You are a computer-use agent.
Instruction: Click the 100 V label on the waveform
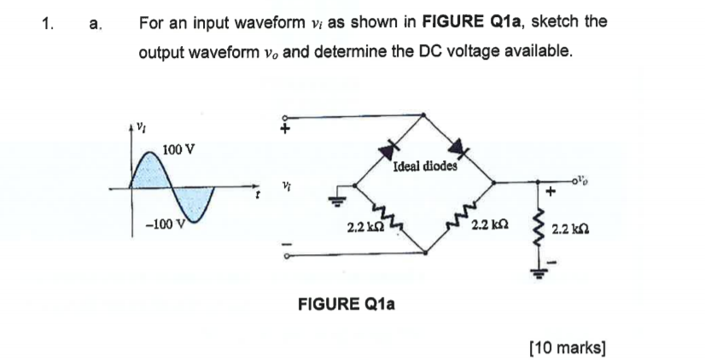(178, 149)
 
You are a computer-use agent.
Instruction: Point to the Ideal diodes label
(425, 167)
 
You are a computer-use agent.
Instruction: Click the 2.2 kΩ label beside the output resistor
(569, 229)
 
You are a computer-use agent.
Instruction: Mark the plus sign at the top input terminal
(288, 129)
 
